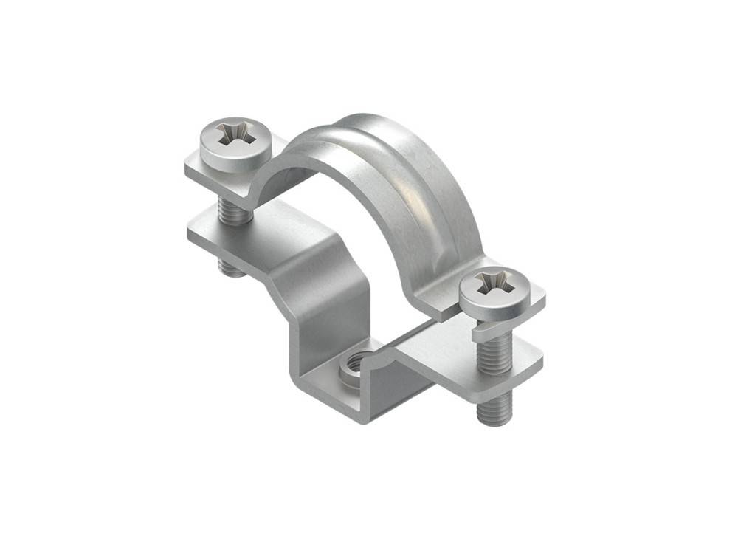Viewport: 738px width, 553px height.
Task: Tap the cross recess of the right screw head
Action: point(491,283)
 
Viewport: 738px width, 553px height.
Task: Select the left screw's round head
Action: point(221,144)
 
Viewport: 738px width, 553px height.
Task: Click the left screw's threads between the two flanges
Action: point(235,210)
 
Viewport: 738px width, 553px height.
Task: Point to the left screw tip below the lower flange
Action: point(233,267)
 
